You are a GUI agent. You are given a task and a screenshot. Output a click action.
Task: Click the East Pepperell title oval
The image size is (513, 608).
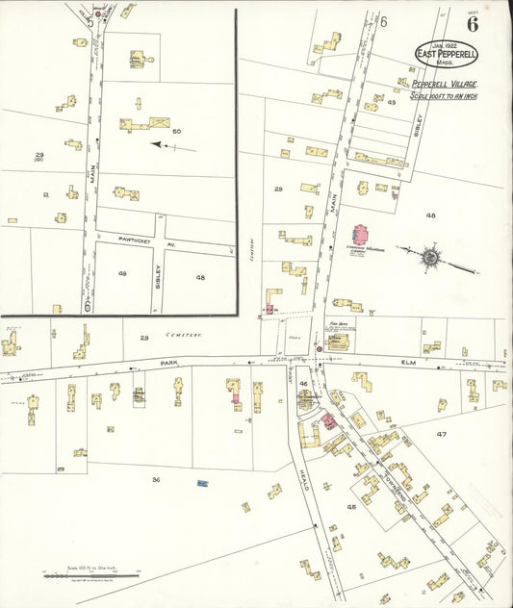coord(446,54)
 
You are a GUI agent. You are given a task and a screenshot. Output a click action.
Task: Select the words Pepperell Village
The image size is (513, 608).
coord(444,85)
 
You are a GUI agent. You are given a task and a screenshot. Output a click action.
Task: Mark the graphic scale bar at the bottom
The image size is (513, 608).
coord(92,575)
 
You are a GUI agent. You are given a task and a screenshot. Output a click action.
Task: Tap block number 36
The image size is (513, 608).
coord(154,478)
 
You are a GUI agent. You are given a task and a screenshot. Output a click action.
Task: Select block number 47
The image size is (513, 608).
coord(441,435)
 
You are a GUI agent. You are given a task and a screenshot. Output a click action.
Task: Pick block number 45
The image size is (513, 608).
coord(351,506)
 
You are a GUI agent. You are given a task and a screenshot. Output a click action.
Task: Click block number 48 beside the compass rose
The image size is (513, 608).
coord(430,215)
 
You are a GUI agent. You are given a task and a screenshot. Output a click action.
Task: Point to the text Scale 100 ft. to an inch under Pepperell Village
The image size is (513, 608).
coord(443,95)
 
